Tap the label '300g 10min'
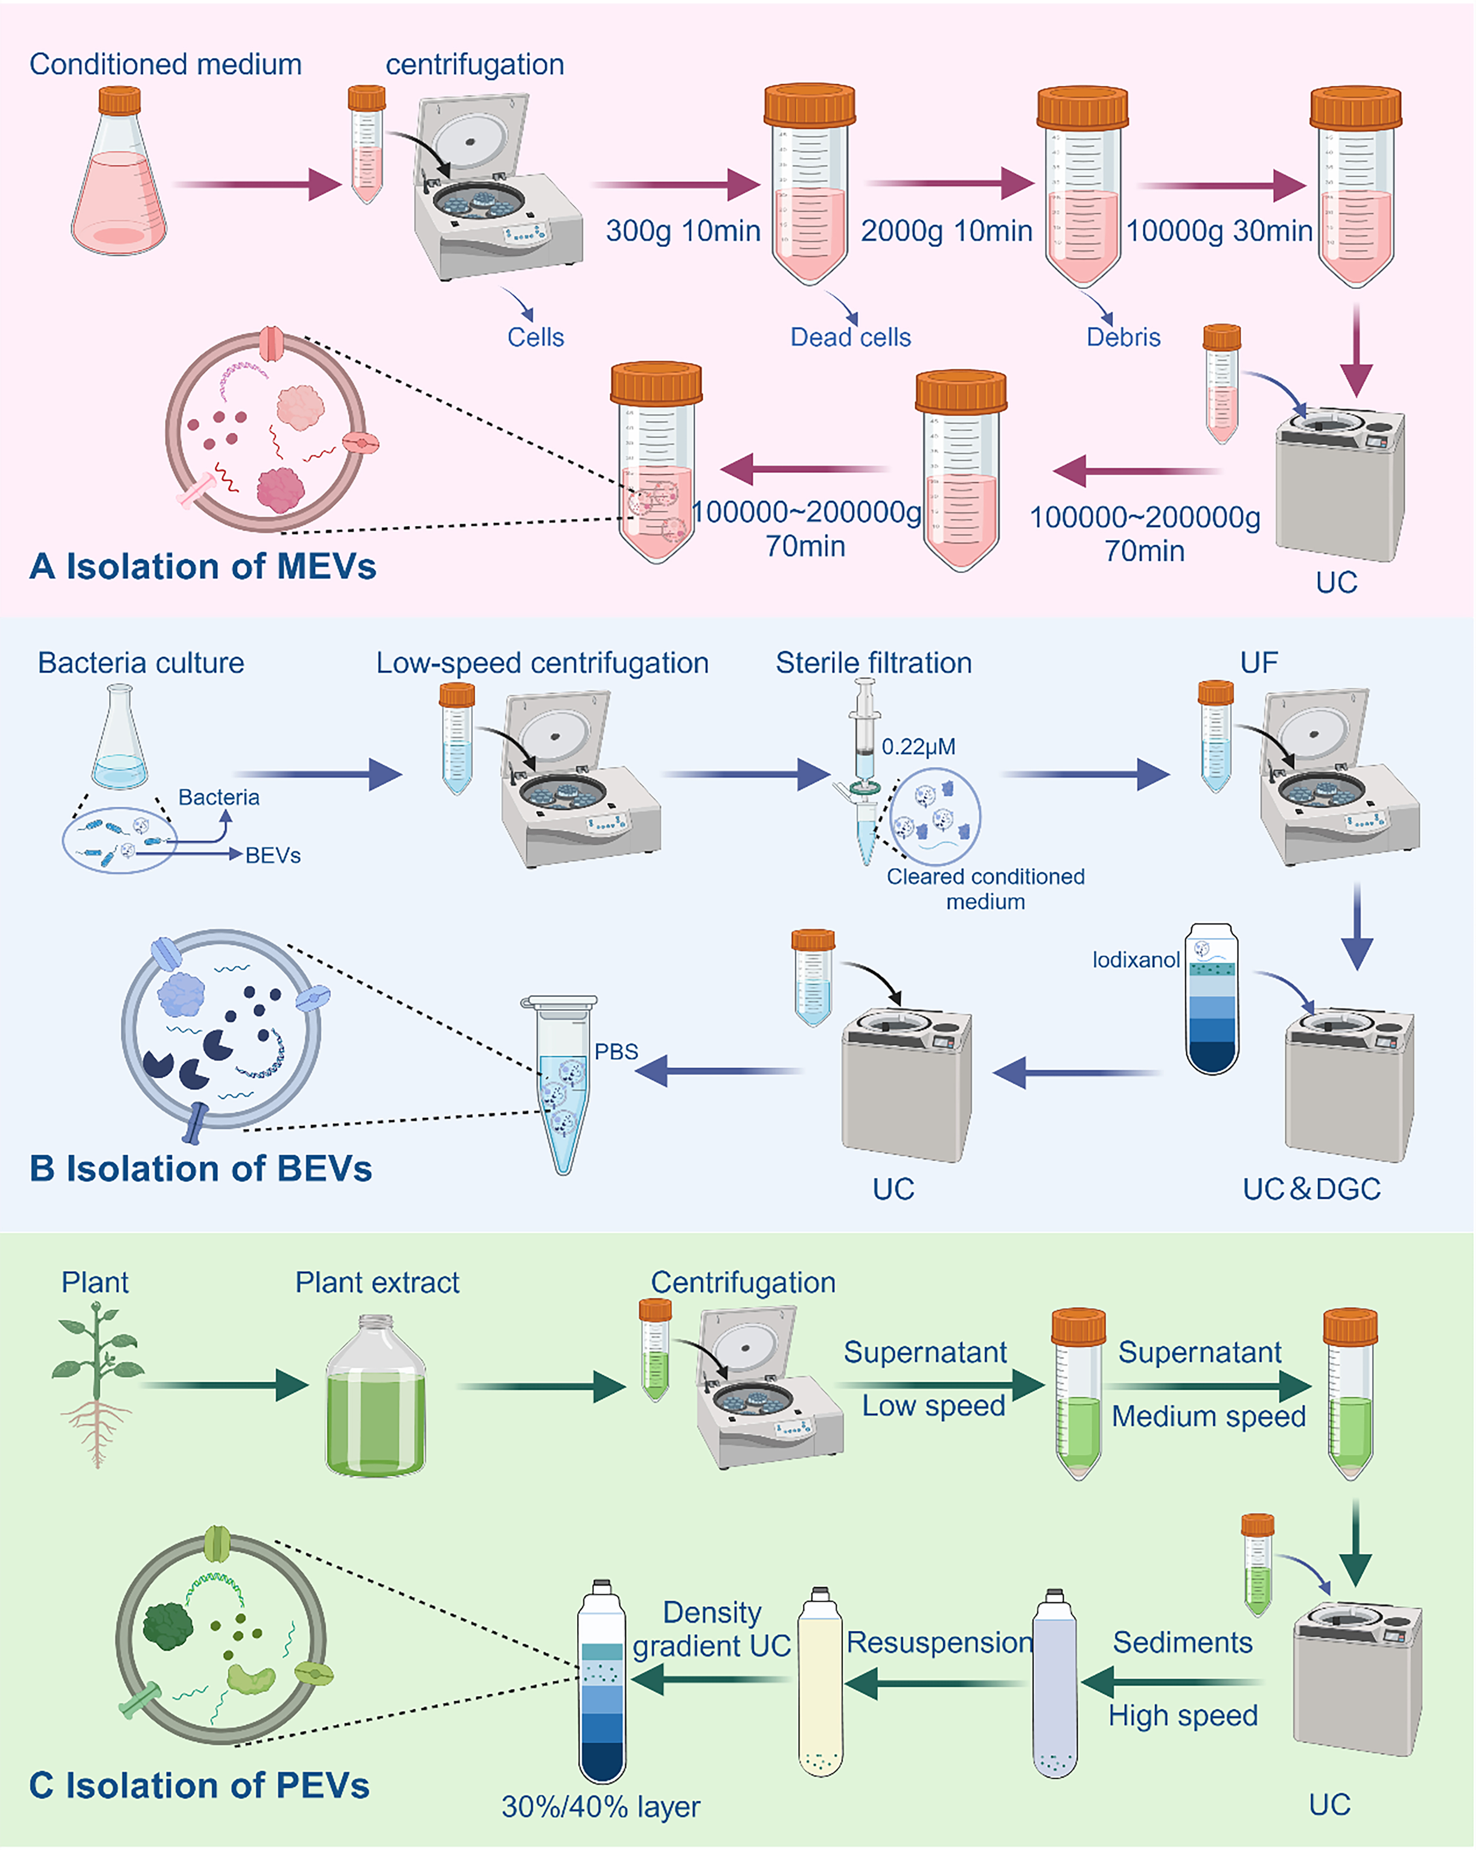pos(683,231)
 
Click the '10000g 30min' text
pos(1219,231)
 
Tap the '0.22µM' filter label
pos(918,747)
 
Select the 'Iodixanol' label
pos(1135,959)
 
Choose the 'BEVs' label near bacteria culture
pos(273,855)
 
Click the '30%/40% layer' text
pos(601,1806)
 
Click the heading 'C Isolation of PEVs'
pos(199,1786)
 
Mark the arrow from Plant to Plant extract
pos(223,1385)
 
